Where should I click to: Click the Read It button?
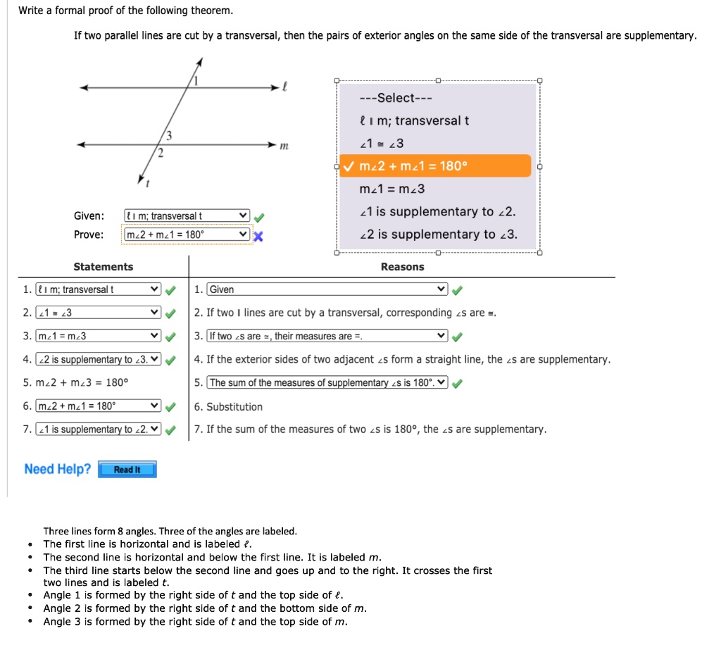pos(127,470)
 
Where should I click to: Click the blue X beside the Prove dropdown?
pos(258,236)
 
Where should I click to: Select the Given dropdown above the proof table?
pos(187,215)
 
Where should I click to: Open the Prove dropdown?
pos(187,234)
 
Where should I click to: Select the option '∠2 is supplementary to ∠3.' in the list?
pos(438,234)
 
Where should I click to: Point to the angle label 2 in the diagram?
pos(160,154)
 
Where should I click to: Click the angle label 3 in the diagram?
pos(168,135)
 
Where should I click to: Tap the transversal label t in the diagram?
pos(147,183)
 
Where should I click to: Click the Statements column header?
pos(104,267)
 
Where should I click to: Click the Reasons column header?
pos(402,267)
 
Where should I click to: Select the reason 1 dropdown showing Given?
pos(327,289)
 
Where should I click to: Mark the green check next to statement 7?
pos(170,430)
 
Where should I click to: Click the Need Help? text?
pos(57,469)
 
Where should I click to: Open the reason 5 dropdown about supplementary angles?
pos(327,383)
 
